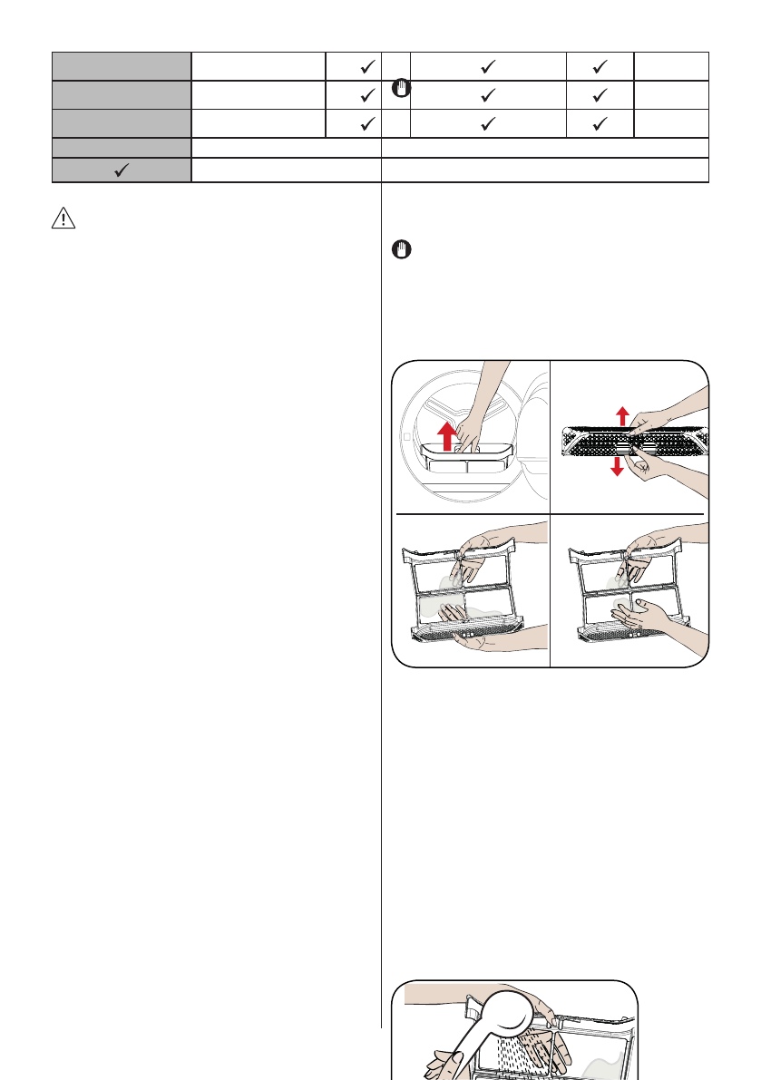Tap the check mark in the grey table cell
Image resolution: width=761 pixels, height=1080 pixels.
click(x=122, y=170)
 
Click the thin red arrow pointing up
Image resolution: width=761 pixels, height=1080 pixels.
click(x=621, y=415)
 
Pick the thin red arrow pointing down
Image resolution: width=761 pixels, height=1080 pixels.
click(x=617, y=464)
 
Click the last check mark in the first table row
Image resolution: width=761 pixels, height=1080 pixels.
click(x=599, y=67)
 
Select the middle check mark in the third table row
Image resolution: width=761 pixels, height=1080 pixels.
click(x=488, y=123)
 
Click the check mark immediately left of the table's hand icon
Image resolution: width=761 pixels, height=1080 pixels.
click(x=366, y=95)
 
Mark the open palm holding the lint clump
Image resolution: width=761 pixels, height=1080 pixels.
click(x=644, y=617)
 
